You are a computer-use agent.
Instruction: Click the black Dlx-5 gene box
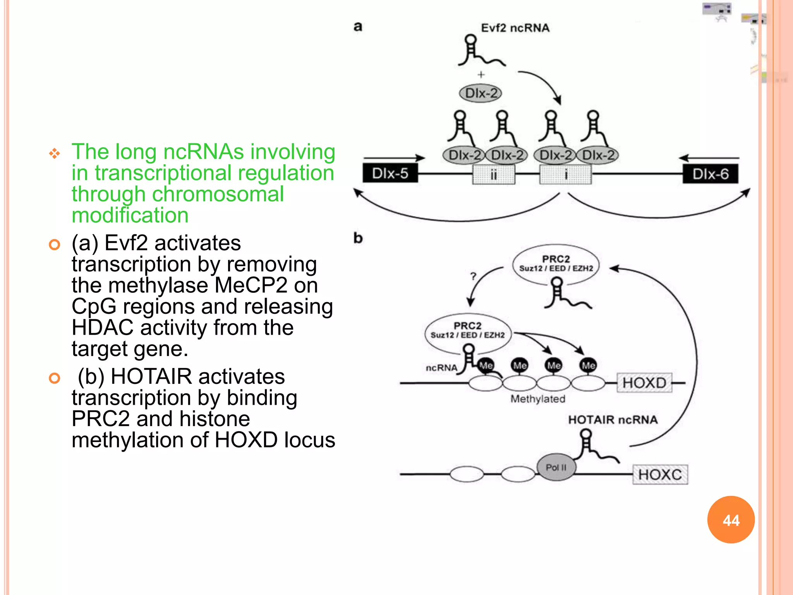pyautogui.click(x=390, y=173)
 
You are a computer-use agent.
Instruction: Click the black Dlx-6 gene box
pyautogui.click(x=710, y=174)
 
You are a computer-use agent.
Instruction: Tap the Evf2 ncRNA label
pyautogui.click(x=515, y=28)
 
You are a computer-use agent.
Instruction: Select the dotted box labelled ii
pyautogui.click(x=494, y=175)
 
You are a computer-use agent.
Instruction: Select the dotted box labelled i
pyautogui.click(x=566, y=175)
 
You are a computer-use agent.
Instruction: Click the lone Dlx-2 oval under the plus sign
pyautogui.click(x=481, y=93)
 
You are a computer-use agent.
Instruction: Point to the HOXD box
pyautogui.click(x=644, y=383)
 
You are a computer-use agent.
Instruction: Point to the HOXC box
pyautogui.click(x=660, y=475)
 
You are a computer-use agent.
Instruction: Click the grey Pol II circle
pyautogui.click(x=556, y=468)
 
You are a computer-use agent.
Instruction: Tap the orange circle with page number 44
pyautogui.click(x=731, y=520)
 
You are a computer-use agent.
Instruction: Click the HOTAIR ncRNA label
pyautogui.click(x=613, y=420)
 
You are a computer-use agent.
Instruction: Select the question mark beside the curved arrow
pyautogui.click(x=473, y=276)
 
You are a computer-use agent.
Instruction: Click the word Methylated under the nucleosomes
pyautogui.click(x=538, y=399)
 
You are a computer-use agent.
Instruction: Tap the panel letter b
pyautogui.click(x=358, y=238)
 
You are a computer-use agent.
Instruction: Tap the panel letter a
pyautogui.click(x=358, y=27)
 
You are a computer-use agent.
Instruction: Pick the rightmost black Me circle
pyautogui.click(x=588, y=365)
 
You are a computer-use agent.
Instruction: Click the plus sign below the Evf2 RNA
pyautogui.click(x=481, y=74)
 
